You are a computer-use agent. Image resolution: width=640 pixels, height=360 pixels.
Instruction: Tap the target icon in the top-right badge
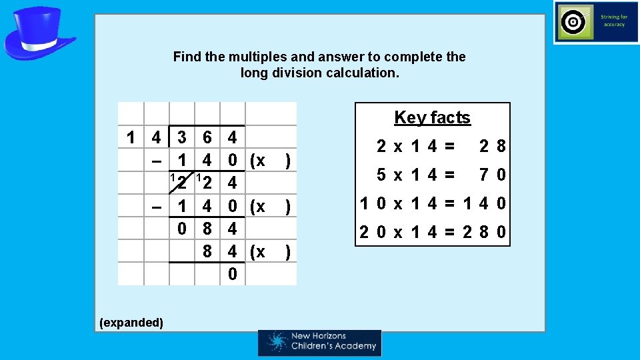tap(573, 22)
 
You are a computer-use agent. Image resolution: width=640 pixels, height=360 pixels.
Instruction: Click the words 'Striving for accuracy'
tap(613, 21)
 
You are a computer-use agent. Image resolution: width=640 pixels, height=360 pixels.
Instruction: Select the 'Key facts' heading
tap(432, 118)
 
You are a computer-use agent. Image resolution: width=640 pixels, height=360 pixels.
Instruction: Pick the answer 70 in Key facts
tap(492, 175)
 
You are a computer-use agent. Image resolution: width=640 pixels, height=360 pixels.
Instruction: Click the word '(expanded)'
tap(131, 323)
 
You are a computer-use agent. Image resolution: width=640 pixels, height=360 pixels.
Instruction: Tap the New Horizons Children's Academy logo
tap(319, 342)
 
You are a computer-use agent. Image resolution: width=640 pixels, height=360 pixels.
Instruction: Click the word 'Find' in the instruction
tap(186, 57)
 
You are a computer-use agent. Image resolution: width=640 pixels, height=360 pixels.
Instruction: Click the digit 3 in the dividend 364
tap(182, 138)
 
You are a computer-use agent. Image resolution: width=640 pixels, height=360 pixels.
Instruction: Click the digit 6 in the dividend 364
tap(207, 138)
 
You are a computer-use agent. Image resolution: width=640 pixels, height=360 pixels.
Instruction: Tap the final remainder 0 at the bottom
tap(232, 274)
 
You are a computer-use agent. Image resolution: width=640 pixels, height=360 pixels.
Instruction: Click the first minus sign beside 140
tap(155, 161)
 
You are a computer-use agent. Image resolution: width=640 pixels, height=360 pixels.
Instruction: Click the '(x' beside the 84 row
tap(257, 252)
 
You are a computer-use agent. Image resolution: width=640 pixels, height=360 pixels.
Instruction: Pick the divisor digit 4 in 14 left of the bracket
tap(156, 138)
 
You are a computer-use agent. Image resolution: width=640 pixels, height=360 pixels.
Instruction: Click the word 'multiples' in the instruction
tap(253, 57)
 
